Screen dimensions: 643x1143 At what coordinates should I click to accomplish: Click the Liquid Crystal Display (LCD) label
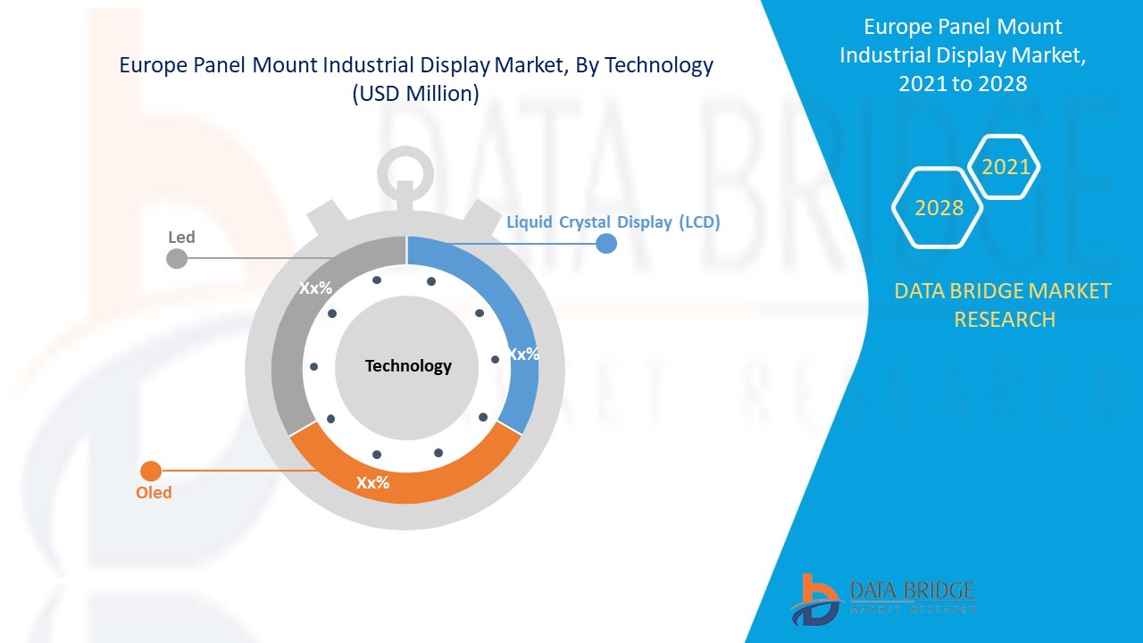click(613, 222)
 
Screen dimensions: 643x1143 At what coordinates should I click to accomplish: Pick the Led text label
click(181, 238)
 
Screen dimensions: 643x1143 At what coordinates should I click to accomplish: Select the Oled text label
click(154, 493)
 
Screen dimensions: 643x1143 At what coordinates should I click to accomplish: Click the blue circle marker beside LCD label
click(606, 243)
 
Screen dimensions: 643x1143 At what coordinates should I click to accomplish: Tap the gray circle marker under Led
click(177, 258)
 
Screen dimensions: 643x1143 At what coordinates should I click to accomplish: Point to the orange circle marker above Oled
click(151, 471)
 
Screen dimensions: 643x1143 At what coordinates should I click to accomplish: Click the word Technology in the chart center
click(408, 366)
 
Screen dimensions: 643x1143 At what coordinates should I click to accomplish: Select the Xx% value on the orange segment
click(372, 483)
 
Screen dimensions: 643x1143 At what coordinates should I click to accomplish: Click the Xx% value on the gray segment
click(315, 288)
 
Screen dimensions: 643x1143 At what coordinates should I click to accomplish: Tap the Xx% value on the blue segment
click(523, 355)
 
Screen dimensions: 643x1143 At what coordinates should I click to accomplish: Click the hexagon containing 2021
click(1005, 167)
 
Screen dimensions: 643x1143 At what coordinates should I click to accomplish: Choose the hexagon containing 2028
click(939, 208)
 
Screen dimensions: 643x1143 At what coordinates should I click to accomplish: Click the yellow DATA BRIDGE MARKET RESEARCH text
click(1004, 305)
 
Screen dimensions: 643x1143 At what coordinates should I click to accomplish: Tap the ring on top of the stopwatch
click(405, 169)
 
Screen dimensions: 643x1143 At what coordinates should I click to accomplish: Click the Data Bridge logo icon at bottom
click(814, 598)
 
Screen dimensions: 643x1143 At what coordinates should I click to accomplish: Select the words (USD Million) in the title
click(416, 94)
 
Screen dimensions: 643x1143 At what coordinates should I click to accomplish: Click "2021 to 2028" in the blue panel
click(962, 84)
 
